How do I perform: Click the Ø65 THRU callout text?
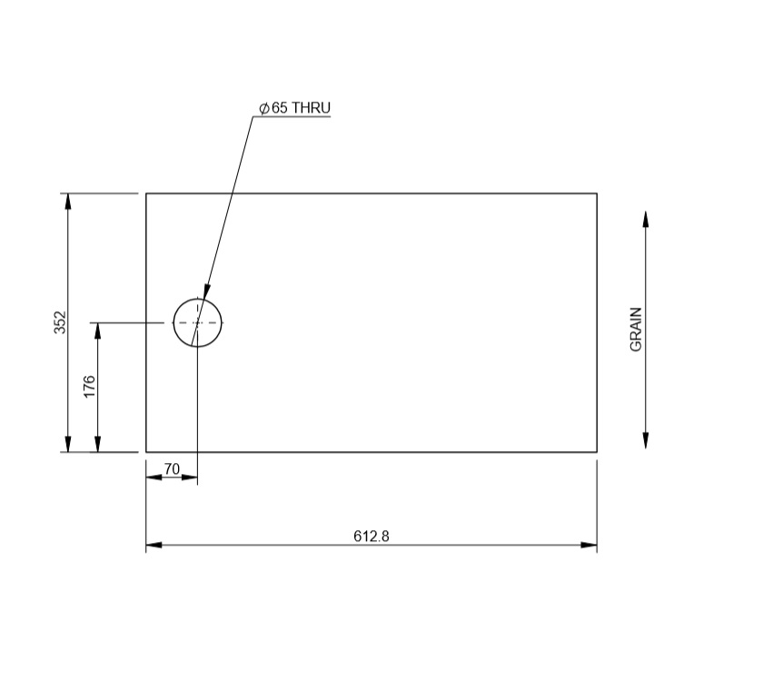(x=295, y=108)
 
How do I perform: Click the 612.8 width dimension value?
(x=371, y=536)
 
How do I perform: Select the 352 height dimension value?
(x=60, y=322)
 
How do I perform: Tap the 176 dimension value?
(x=89, y=386)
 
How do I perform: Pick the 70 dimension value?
(x=172, y=469)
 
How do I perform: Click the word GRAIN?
(x=637, y=329)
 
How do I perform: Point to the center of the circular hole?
(x=197, y=322)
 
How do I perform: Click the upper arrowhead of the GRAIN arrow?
(x=645, y=220)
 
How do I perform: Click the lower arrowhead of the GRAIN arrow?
(x=645, y=439)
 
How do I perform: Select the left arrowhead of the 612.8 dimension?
(x=154, y=546)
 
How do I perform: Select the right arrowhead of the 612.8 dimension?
(x=590, y=546)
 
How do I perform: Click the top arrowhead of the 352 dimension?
(x=67, y=202)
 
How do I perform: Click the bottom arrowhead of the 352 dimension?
(x=67, y=443)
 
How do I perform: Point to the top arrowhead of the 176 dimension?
(x=97, y=331)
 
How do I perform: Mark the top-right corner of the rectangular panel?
(x=597, y=193)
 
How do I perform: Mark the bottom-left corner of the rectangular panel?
(x=146, y=451)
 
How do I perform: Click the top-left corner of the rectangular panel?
(x=146, y=193)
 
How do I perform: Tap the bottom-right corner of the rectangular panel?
(x=597, y=451)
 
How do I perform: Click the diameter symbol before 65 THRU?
(x=263, y=108)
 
